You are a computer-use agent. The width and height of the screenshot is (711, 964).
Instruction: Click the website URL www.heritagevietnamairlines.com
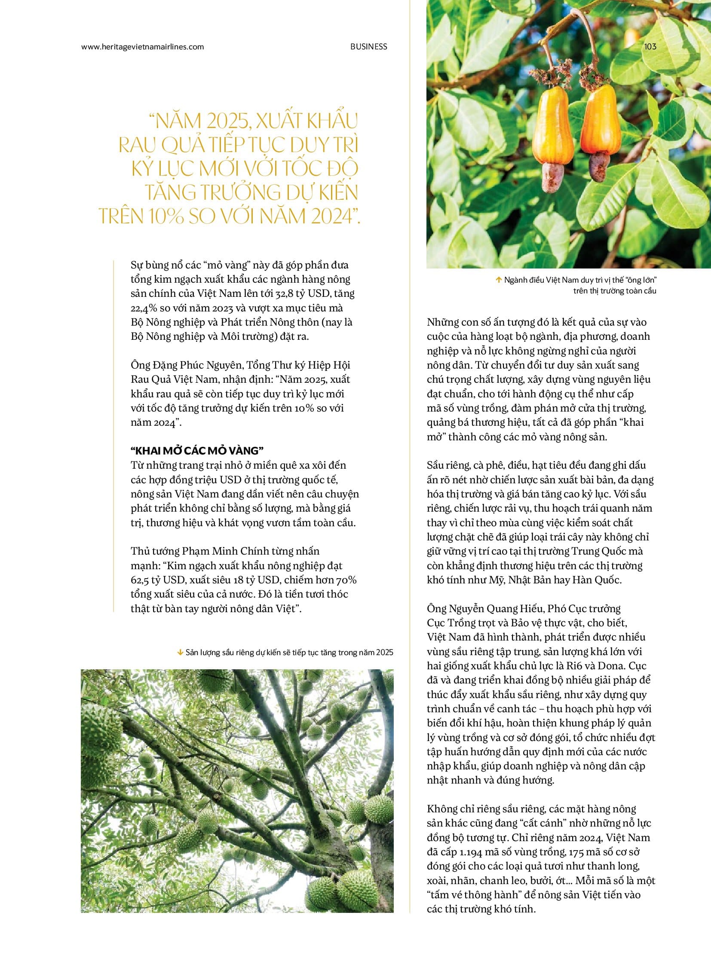142,47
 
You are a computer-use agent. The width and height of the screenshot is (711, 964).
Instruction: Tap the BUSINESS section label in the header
368,46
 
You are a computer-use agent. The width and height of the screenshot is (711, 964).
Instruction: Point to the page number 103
650,46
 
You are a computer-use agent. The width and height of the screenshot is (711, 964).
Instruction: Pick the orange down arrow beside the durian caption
180,653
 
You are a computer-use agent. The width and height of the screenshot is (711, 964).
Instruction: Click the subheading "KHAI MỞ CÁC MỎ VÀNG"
197,450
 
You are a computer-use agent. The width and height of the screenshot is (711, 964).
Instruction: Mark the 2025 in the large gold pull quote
224,122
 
